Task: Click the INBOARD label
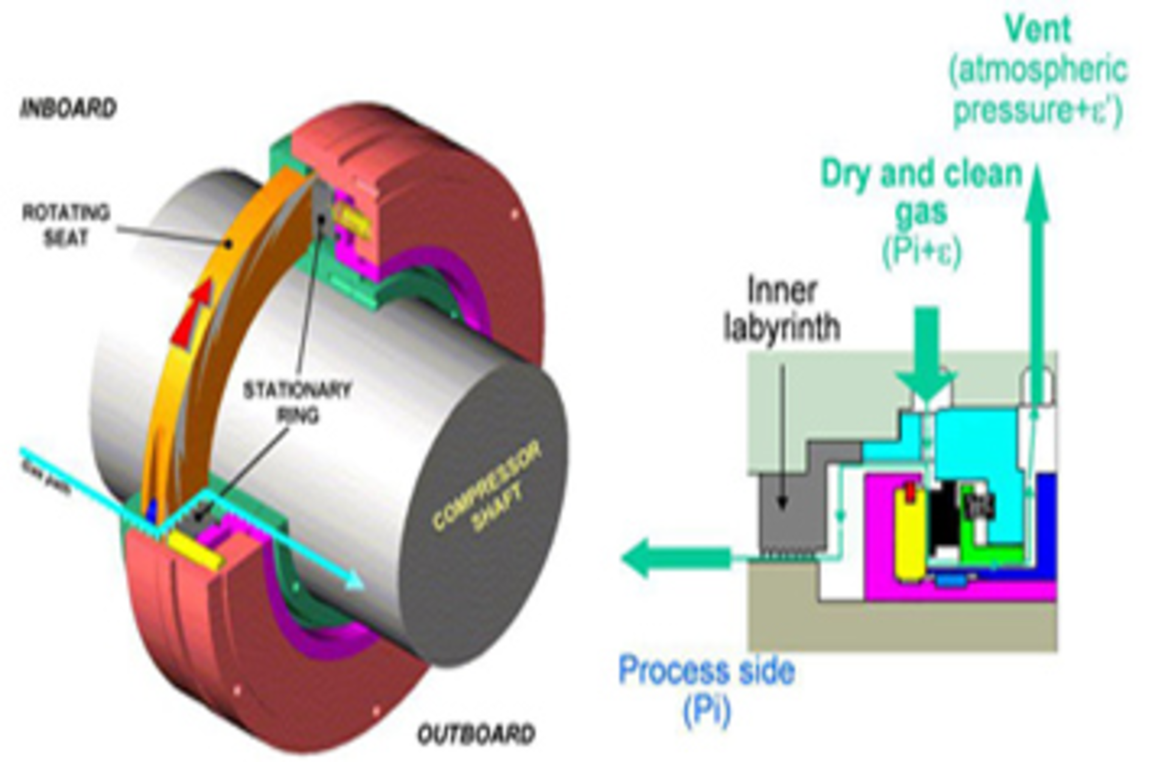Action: coord(68,109)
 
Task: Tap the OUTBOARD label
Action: coord(476,734)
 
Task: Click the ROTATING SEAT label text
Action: coord(66,225)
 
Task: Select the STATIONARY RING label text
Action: coord(297,401)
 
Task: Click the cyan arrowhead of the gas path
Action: coord(352,581)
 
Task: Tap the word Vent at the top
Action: coord(1038,29)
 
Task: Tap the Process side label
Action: coord(706,671)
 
